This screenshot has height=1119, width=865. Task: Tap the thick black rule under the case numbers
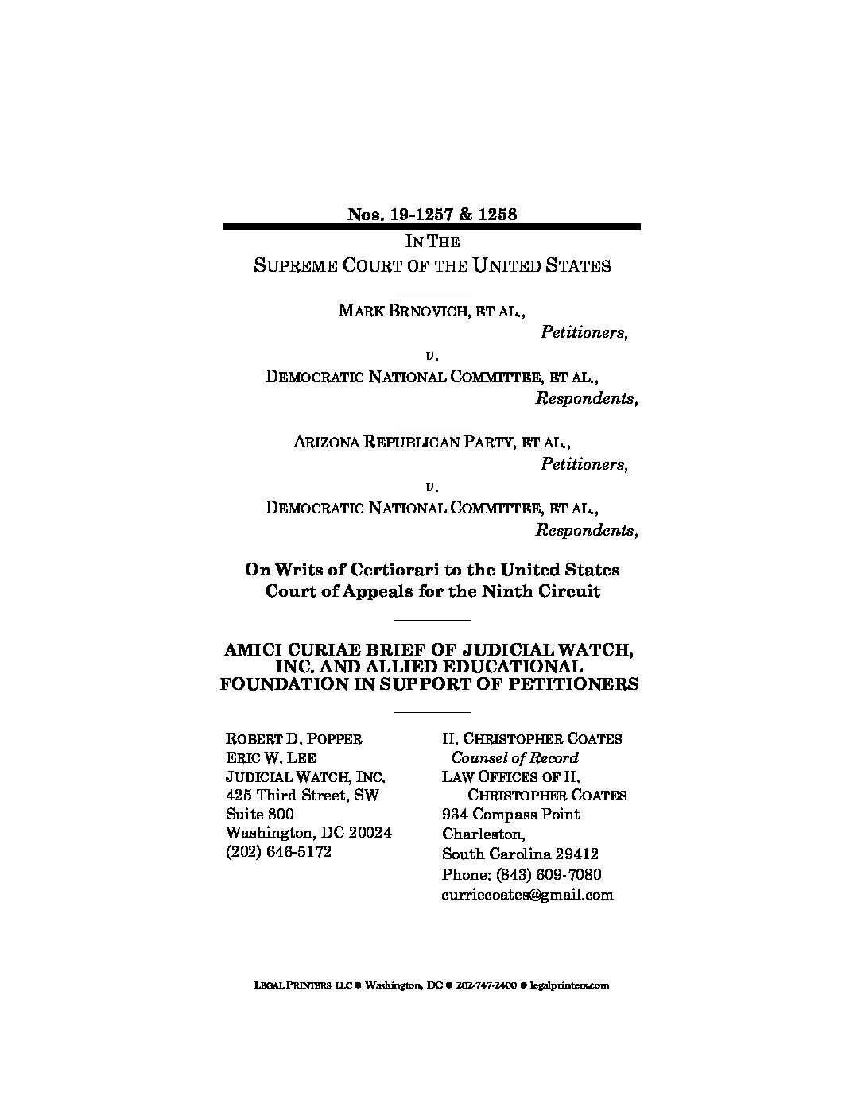pos(432,227)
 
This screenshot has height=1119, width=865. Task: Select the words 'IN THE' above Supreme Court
pos(432,242)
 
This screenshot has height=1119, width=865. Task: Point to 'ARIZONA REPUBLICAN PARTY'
pos(401,442)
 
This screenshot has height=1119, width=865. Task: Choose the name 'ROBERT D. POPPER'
pos(294,739)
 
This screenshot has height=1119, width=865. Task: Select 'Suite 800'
pos(260,815)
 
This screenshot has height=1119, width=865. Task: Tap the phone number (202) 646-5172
pos(278,852)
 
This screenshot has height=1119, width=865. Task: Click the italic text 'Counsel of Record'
pos(514,758)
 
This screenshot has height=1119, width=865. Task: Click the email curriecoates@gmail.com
pos(527,895)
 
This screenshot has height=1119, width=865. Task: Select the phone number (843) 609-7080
pos(522,875)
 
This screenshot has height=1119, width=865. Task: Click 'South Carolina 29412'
pos(520,854)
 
